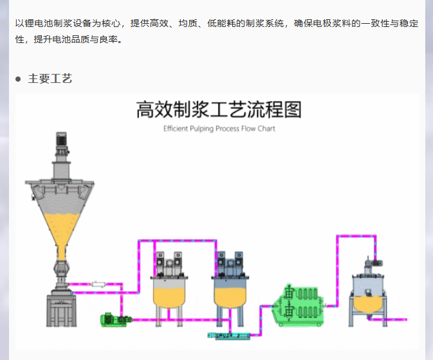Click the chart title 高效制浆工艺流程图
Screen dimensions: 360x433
[219, 110]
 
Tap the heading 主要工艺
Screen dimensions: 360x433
[50, 79]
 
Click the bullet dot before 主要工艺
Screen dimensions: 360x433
[19, 80]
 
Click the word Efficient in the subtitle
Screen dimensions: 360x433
[178, 129]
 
